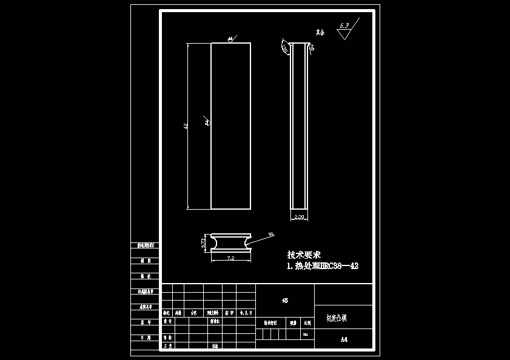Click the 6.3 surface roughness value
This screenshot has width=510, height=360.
tap(344, 25)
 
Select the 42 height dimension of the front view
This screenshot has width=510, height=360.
tap(186, 126)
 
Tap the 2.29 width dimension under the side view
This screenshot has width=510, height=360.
tap(299, 216)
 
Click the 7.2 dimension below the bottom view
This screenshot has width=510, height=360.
tap(230, 259)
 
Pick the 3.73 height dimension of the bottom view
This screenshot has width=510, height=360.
tap(204, 242)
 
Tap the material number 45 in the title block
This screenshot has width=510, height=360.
tap(285, 300)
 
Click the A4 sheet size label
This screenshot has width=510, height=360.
tap(344, 339)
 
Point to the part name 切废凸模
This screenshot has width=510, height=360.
tap(337, 317)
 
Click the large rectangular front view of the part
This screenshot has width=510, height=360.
tap(230, 126)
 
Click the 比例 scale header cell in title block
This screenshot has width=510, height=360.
tap(306, 323)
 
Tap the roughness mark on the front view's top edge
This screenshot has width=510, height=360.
tap(230, 39)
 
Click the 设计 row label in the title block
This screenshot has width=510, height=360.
tap(167, 321)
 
